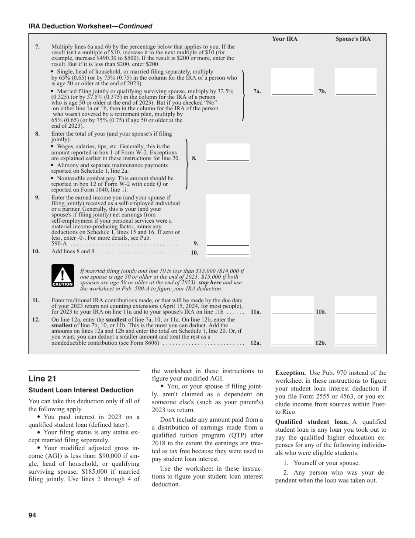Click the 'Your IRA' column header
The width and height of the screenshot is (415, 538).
pos(284,39)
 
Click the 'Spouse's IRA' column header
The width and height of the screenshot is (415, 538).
pos(353,39)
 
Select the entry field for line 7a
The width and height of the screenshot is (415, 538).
pos(292,81)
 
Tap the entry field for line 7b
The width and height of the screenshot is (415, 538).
pos(356,81)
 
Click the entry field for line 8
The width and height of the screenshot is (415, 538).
pos(228,152)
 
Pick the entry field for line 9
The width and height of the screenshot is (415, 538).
pos(228,220)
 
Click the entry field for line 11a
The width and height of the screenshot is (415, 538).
pos(292,305)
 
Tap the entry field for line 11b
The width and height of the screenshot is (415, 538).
pos(356,305)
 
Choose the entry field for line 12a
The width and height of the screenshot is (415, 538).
pos(292,331)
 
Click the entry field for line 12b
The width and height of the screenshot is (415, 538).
pos(356,331)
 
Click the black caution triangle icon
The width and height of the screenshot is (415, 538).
pos(62,276)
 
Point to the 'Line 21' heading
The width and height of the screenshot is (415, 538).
pos(42,379)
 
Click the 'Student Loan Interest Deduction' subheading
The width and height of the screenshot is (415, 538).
pos(81,390)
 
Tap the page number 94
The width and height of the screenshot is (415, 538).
pos(32,515)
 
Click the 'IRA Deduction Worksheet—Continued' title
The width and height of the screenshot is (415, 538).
pos(90,26)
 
